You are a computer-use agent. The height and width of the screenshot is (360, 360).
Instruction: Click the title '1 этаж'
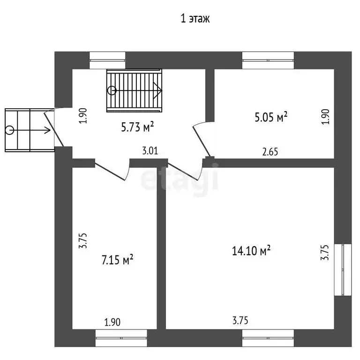(195, 19)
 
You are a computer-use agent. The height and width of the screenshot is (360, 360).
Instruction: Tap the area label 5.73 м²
(137, 127)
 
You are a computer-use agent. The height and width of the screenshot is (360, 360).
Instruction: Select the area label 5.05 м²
(271, 117)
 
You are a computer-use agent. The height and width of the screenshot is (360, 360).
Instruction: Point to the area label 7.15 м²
(117, 260)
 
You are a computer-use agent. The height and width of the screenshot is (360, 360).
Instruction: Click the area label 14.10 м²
(251, 250)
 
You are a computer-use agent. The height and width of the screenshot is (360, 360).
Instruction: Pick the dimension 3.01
(150, 151)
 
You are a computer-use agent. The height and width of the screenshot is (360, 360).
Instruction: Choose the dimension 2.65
(270, 152)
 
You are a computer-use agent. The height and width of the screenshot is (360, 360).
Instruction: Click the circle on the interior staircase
(112, 90)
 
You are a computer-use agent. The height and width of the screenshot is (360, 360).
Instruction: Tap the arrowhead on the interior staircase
(157, 90)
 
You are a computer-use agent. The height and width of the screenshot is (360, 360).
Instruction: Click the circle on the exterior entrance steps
(10, 130)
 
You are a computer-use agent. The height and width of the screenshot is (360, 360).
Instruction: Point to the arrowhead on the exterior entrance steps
(47, 130)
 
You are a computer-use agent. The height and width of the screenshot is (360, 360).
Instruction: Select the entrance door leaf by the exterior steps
(54, 129)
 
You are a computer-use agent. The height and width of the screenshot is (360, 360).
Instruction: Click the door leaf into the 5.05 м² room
(202, 141)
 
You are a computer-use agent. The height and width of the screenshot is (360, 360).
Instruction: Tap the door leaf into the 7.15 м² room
(110, 172)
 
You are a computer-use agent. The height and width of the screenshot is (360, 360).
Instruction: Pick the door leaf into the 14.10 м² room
(182, 172)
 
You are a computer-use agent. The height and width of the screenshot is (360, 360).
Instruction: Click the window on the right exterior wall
(343, 270)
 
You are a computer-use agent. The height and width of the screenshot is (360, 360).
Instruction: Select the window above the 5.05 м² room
(268, 60)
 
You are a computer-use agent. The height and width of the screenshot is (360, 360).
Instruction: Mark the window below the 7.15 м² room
(121, 338)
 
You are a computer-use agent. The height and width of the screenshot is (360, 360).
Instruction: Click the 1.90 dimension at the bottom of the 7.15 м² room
(112, 322)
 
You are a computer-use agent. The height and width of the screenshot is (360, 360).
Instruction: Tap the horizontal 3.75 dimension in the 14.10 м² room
(240, 321)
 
